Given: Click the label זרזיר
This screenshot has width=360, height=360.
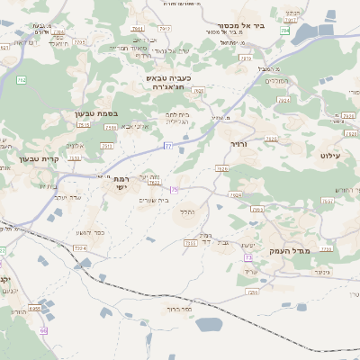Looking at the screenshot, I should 238,144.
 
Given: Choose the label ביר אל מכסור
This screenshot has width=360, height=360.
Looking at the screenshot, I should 241,25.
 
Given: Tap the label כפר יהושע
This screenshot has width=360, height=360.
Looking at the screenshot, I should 91,231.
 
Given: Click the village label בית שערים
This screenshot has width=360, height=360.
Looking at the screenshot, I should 154,199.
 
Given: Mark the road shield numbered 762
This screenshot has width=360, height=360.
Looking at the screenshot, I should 20,80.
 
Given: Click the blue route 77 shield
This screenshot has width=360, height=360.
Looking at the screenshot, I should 167,145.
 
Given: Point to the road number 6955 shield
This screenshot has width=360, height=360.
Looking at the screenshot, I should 35,309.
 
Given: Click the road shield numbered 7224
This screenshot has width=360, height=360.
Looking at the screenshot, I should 79,247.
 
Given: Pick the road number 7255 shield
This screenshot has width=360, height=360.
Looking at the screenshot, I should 190,242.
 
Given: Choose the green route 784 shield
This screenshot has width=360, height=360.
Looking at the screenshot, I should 284,31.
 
